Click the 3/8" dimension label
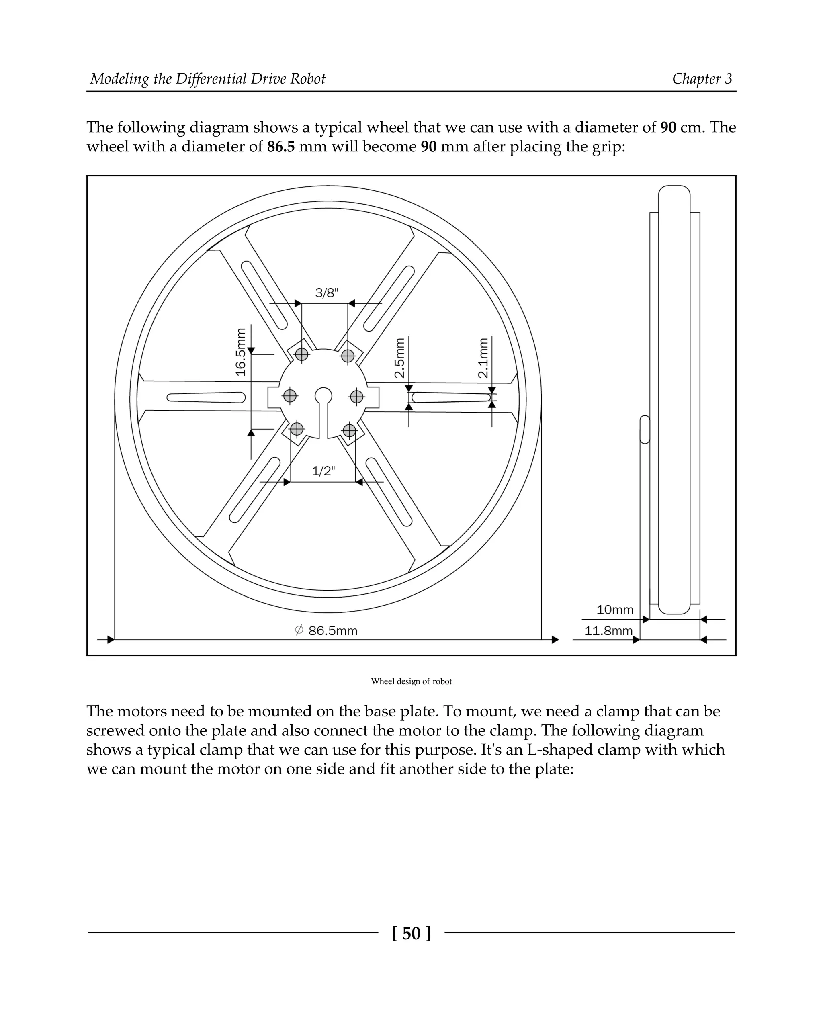pyautogui.click(x=327, y=293)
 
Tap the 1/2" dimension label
pyautogui.click(x=323, y=471)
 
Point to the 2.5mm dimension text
pyautogui.click(x=400, y=358)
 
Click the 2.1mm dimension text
pyautogui.click(x=483, y=358)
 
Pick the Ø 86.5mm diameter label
pyautogui.click(x=326, y=630)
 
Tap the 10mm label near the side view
pyautogui.click(x=614, y=610)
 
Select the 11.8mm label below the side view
pyautogui.click(x=608, y=631)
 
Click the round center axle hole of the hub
pyautogui.click(x=323, y=395)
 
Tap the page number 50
pyautogui.click(x=411, y=933)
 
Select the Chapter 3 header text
pyautogui.click(x=702, y=79)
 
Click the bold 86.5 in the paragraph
pyautogui.click(x=280, y=147)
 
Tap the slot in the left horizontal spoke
pyautogui.click(x=206, y=398)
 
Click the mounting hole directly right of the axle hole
pyautogui.click(x=356, y=396)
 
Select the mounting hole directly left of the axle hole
pyautogui.click(x=290, y=396)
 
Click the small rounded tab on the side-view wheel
pyautogui.click(x=645, y=430)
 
